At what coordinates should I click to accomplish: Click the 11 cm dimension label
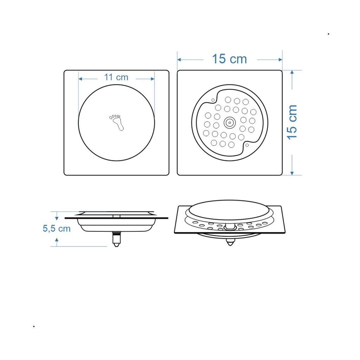point(116,77)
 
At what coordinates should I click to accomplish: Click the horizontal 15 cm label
point(229,59)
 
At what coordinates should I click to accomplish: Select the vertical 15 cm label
point(292,122)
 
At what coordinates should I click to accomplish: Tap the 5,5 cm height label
point(57,229)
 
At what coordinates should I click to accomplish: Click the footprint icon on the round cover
point(116,122)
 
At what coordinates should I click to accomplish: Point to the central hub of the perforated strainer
point(230,123)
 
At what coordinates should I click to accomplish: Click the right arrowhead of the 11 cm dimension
point(153,79)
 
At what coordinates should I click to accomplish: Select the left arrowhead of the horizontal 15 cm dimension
point(179,60)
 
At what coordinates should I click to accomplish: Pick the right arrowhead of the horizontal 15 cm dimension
point(280,60)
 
